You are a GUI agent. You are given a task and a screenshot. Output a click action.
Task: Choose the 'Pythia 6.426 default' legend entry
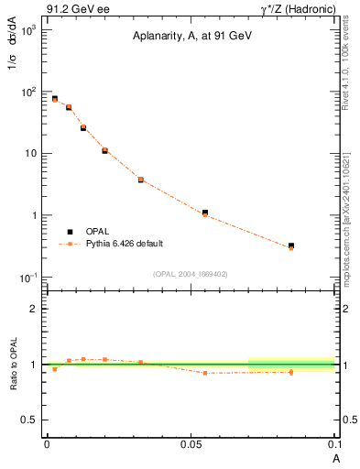pyautogui.click(x=125, y=244)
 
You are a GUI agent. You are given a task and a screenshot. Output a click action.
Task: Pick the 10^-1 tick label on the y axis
pyautogui.click(x=27, y=277)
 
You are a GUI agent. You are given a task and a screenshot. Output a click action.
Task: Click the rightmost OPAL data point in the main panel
pyautogui.click(x=291, y=245)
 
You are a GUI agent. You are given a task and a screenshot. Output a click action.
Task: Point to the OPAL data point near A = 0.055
pyautogui.click(x=204, y=213)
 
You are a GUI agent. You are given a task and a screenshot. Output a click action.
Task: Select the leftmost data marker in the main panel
pyautogui.click(x=54, y=98)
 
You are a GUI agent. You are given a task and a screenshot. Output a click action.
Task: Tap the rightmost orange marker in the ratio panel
pyautogui.click(x=291, y=372)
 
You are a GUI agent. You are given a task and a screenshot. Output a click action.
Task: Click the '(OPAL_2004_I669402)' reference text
pyautogui.click(x=191, y=272)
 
